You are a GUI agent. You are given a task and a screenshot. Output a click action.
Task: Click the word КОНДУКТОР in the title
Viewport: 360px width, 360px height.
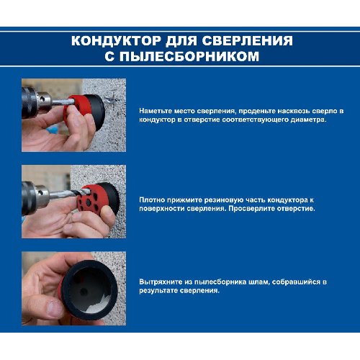click(116, 40)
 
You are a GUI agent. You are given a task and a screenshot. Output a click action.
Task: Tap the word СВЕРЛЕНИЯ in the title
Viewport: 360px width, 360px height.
click(248, 40)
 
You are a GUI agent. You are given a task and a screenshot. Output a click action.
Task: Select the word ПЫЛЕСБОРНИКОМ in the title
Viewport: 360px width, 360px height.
click(189, 56)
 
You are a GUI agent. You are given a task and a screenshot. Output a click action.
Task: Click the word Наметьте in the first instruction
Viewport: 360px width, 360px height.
click(156, 111)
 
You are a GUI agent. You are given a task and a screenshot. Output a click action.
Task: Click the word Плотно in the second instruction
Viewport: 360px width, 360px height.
click(152, 199)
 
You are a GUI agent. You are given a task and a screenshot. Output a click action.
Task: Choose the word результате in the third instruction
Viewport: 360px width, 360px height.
click(158, 291)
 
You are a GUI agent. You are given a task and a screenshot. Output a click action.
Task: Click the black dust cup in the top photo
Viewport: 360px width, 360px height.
click(96, 112)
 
